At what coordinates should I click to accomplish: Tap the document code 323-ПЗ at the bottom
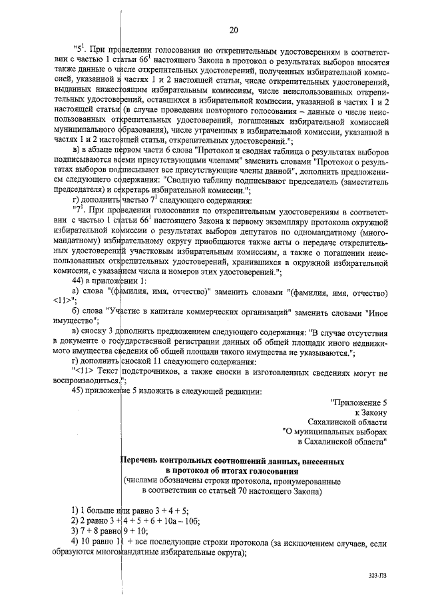tap(377, 573)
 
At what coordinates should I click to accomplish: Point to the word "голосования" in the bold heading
tap(248, 470)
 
